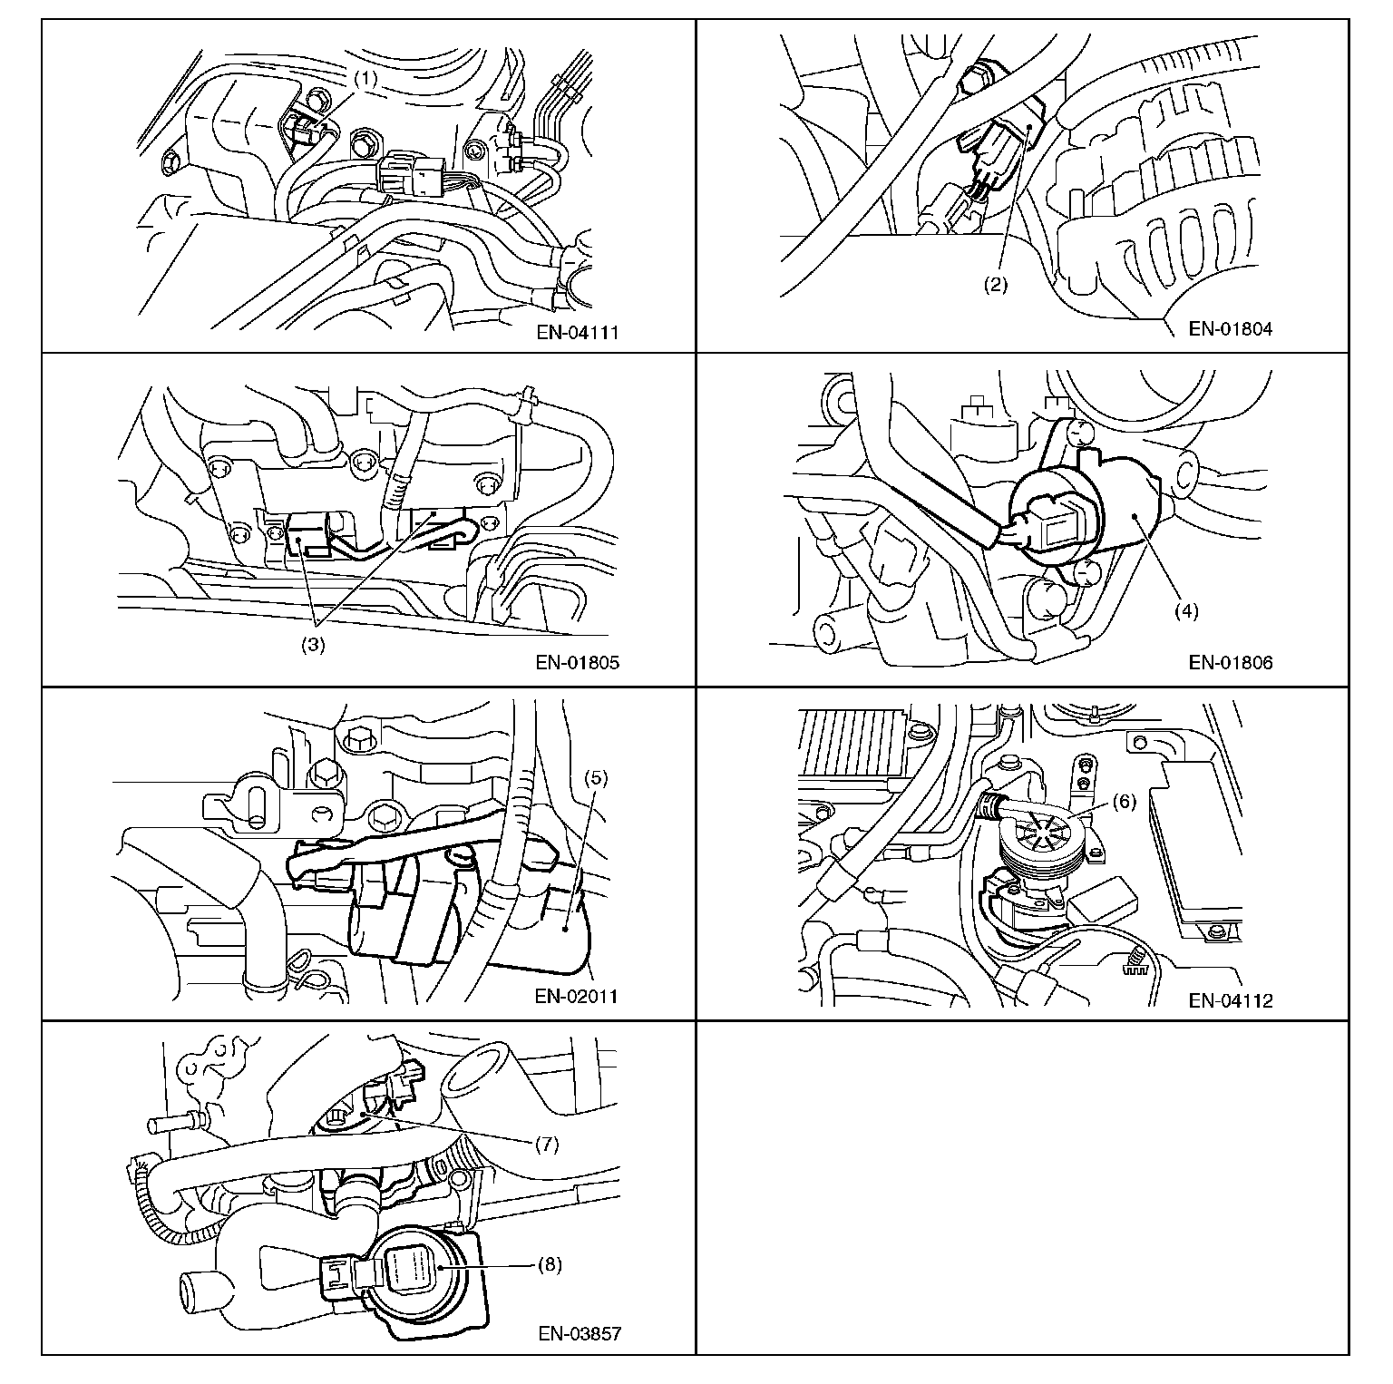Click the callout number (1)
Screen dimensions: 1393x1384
click(365, 79)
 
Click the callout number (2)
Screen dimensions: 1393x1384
click(996, 284)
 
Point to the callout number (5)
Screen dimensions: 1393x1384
click(596, 777)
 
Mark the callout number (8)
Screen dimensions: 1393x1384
click(550, 1264)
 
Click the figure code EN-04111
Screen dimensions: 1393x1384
click(577, 332)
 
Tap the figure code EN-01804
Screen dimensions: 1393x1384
click(1231, 328)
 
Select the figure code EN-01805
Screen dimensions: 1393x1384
click(577, 662)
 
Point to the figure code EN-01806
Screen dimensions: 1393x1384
click(1231, 662)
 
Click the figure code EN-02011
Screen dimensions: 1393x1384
click(577, 997)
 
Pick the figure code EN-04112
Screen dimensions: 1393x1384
click(1231, 1000)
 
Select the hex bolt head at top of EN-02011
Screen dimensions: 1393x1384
click(356, 737)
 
